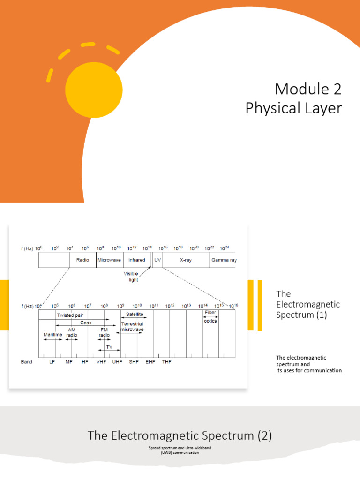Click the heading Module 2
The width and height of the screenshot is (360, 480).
(x=308, y=89)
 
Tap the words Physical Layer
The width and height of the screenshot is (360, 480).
(x=293, y=108)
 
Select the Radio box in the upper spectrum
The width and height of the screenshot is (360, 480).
(x=83, y=260)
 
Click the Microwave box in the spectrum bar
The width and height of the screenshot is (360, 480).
(x=109, y=260)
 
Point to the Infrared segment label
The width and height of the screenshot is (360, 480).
(x=137, y=260)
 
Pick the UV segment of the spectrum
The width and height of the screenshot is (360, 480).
(x=157, y=260)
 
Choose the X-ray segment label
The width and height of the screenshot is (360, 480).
(x=186, y=260)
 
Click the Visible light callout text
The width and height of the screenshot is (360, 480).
(x=131, y=277)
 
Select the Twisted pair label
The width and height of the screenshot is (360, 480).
(x=70, y=315)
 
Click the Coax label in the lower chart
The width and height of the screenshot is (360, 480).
(x=86, y=323)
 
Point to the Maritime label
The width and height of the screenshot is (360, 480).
(x=53, y=335)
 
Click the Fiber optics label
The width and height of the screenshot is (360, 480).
(x=210, y=316)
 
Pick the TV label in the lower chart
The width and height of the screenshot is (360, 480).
(x=109, y=347)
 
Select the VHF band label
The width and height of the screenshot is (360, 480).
(x=101, y=362)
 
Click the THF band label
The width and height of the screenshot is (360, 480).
(x=166, y=362)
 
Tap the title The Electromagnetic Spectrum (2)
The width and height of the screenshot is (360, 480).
(x=180, y=436)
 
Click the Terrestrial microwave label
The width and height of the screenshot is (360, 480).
(x=132, y=327)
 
